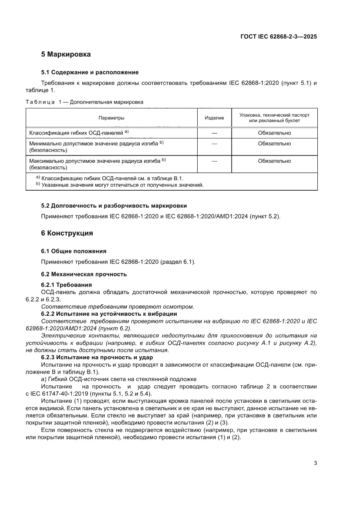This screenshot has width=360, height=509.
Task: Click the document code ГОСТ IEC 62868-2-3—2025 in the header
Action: click(278, 37)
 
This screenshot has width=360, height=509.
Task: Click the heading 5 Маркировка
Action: click(66, 55)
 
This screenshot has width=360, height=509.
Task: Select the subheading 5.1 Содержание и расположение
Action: click(90, 72)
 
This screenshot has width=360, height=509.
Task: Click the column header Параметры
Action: click(111, 118)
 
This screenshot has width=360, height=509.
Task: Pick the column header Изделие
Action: click(214, 118)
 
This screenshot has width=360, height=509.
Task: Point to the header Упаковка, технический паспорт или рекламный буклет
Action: click(274, 118)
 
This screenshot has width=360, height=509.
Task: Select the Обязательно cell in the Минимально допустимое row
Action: click(274, 143)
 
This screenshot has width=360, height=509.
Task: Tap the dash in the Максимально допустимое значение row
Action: click(214, 161)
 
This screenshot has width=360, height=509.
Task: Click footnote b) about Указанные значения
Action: click(120, 185)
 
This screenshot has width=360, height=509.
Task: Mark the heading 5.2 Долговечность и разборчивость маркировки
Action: click(114, 206)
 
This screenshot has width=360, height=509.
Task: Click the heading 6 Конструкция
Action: click(67, 233)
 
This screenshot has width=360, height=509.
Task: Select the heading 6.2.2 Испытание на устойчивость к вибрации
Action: click(109, 314)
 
